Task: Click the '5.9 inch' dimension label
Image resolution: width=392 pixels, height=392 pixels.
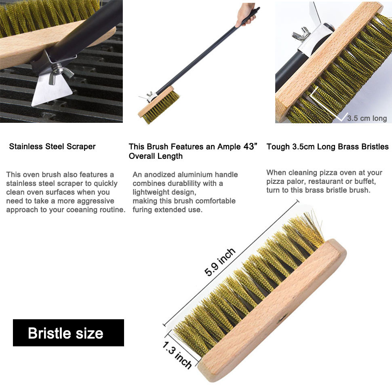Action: pos(220,262)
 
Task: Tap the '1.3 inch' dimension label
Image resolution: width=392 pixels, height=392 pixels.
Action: pos(177,355)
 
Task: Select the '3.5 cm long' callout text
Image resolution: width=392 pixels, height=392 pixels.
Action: pos(367,118)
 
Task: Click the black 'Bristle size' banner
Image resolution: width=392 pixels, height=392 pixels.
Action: pos(69,333)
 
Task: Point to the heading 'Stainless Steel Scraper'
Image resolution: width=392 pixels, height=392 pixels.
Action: pos(52,147)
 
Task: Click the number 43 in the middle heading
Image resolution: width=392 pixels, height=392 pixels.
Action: pos(249,147)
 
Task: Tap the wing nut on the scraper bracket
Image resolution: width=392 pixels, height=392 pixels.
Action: pos(60,72)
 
